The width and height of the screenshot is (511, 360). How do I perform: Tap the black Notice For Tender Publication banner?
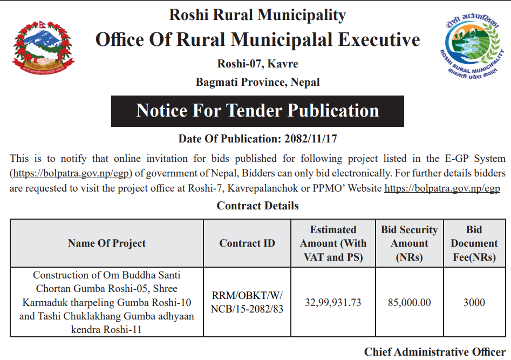[257, 111]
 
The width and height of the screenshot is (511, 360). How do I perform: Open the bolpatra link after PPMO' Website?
[441, 188]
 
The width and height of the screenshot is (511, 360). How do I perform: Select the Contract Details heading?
[257, 206]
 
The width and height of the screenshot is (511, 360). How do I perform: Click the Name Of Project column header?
[107, 243]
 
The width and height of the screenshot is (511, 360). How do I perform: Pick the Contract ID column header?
[247, 243]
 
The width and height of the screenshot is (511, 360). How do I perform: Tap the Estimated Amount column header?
[333, 243]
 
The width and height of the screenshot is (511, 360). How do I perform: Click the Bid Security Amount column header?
[409, 243]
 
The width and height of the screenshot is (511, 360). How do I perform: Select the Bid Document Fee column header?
[474, 243]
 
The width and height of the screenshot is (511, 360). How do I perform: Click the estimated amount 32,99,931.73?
[333, 302]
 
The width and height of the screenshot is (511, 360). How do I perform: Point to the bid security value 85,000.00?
[409, 302]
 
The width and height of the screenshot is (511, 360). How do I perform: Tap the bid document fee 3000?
[474, 302]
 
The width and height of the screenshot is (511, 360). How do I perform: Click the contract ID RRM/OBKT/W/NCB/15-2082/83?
[247, 302]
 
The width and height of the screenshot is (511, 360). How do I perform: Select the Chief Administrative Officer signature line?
[434, 352]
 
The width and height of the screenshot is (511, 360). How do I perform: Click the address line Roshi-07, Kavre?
[257, 64]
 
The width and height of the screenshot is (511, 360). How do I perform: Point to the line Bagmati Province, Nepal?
[257, 83]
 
